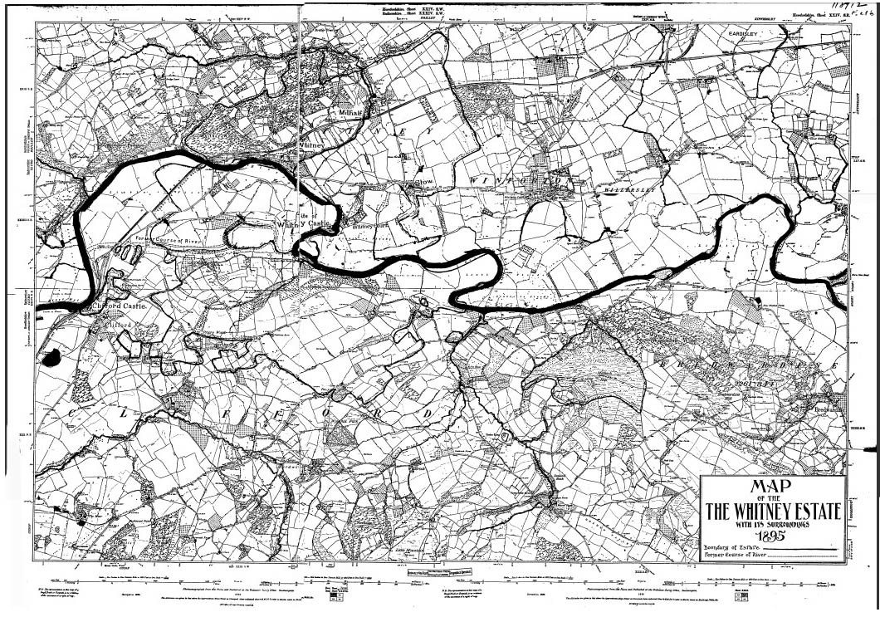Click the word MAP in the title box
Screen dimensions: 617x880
point(770,487)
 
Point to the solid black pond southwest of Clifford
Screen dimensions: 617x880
point(51,358)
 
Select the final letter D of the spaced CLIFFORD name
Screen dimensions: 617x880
point(429,413)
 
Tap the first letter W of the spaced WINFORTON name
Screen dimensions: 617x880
point(476,180)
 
